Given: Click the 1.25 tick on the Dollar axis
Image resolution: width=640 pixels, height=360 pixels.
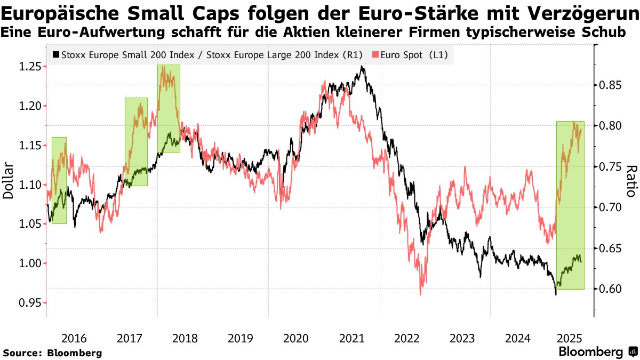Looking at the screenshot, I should tap(30, 67).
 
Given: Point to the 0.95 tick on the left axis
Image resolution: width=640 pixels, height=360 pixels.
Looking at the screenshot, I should tap(30, 303).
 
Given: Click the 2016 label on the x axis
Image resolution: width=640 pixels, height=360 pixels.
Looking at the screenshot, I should tap(74, 338).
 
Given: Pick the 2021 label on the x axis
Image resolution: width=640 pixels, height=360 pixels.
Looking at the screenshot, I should tap(351, 338).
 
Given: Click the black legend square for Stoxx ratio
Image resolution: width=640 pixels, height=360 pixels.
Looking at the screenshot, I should tap(56, 54).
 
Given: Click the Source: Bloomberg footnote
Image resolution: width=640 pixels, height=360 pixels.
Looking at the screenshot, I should tap(52, 353).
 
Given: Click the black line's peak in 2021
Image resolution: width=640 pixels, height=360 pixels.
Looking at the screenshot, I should tap(363, 67).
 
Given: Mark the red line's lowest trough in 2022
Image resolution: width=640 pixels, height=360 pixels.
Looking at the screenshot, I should tap(421, 294).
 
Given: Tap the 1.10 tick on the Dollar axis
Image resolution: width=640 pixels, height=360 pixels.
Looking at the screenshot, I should tap(30, 185).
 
